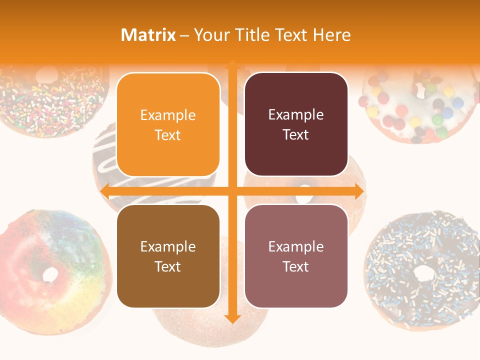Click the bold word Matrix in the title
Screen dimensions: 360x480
(x=148, y=35)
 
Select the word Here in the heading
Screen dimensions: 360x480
(x=332, y=35)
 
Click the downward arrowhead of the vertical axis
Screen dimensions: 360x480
(x=232, y=318)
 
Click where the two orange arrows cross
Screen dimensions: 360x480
(x=232, y=191)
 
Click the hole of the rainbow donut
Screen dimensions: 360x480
(x=50, y=273)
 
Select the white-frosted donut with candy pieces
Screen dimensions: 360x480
(x=417, y=105)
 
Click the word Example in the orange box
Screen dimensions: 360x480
(x=168, y=115)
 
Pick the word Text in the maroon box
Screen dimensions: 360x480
(x=296, y=135)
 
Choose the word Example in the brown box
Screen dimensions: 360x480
(x=168, y=246)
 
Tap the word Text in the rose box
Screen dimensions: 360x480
(x=296, y=266)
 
